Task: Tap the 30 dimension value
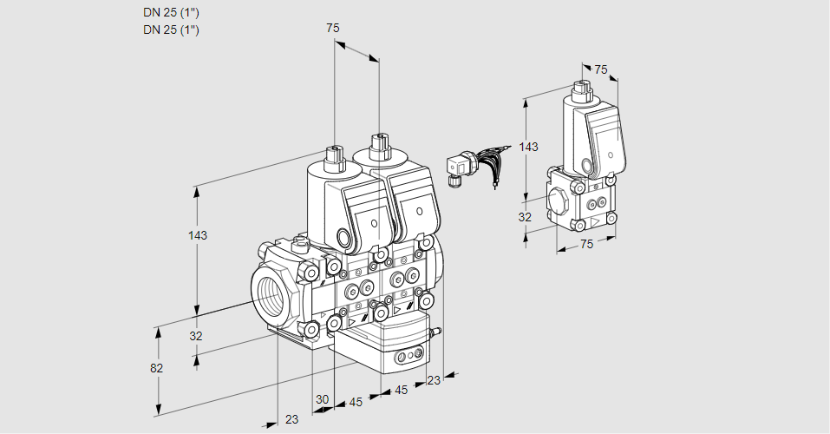tap(322, 399)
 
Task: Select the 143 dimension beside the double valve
tap(199, 236)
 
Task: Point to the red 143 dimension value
tap(528, 148)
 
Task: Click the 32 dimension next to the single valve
tap(525, 217)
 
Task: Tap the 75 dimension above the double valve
tap(332, 28)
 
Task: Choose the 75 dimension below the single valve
tap(586, 244)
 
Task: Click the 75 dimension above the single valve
tap(600, 69)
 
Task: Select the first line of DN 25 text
tap(171, 13)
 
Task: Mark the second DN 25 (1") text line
tap(171, 30)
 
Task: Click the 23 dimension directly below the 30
tap(291, 419)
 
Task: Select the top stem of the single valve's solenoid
tap(581, 89)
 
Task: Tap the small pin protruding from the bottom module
tap(437, 331)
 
